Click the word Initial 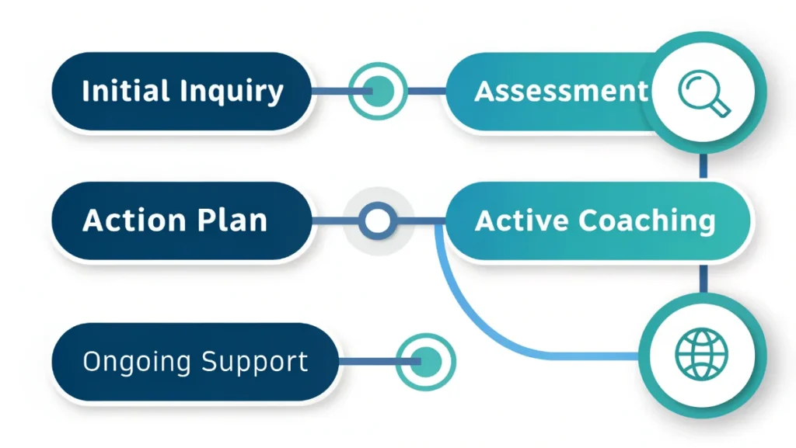[x=127, y=92]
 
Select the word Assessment [x=560, y=92]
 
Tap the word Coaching [x=645, y=221]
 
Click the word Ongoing [x=138, y=362]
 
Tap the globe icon [x=702, y=355]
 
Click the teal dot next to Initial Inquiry [x=378, y=92]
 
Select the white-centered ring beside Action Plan [x=378, y=221]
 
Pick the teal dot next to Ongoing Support [x=425, y=361]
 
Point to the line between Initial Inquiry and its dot [x=331, y=92]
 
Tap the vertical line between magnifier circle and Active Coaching [x=703, y=165]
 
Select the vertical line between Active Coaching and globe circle [x=703, y=278]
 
